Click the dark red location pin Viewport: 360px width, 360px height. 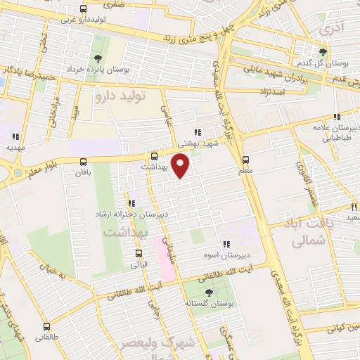(x=181, y=165)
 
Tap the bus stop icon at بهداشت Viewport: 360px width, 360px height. (x=155, y=156)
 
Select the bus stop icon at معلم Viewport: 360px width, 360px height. (x=245, y=159)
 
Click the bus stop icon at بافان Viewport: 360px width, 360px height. (x=84, y=161)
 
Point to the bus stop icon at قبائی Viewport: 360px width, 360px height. (x=139, y=254)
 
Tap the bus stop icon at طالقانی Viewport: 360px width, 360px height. (x=46, y=326)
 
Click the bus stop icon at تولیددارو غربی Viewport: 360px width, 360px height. (x=84, y=9)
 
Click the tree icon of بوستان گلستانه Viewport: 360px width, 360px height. (x=209, y=292)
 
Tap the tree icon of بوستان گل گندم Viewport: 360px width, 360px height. (x=323, y=51)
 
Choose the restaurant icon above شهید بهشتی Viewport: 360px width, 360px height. (x=198, y=131)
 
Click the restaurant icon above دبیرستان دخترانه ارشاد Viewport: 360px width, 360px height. (x=132, y=203)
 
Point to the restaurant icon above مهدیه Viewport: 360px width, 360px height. (x=15, y=136)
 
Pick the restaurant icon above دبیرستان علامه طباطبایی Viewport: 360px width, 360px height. (x=337, y=117)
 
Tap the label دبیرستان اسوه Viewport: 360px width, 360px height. (x=215, y=254)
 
